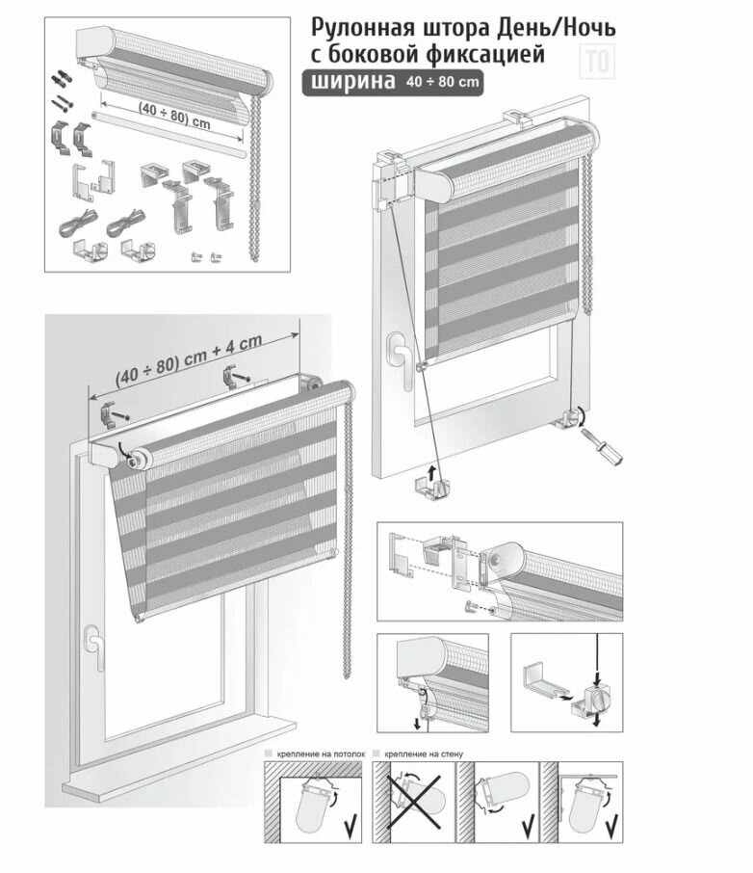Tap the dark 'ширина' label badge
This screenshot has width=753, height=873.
tap(350, 83)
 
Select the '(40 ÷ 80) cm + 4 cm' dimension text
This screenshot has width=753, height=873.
tap(189, 359)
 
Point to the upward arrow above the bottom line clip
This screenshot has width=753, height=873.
tap(432, 470)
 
